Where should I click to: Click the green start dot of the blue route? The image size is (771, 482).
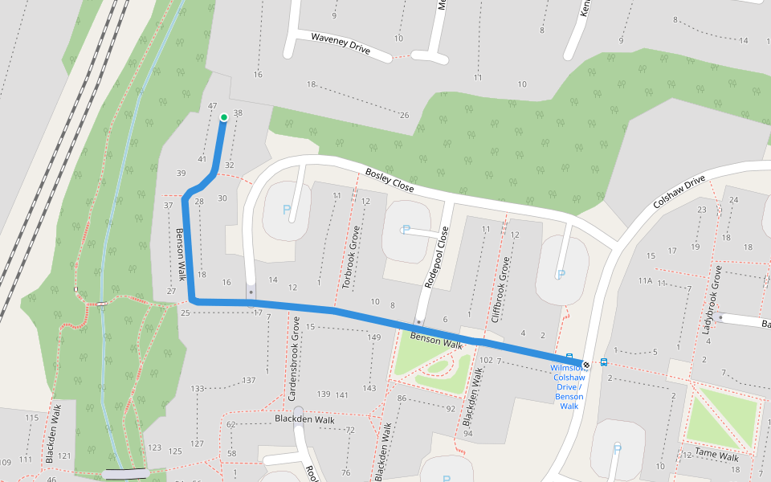(x=223, y=118)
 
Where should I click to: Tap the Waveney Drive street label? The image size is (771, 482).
(x=341, y=43)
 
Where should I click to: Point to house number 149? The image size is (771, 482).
(x=373, y=337)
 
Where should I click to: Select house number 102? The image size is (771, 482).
(x=487, y=361)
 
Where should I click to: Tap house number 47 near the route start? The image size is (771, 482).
(x=212, y=106)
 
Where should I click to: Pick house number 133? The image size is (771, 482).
(x=198, y=389)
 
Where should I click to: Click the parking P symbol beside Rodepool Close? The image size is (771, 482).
(x=406, y=229)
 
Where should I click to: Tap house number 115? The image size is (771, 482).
(x=31, y=418)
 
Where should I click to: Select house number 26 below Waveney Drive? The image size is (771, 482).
(x=404, y=115)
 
